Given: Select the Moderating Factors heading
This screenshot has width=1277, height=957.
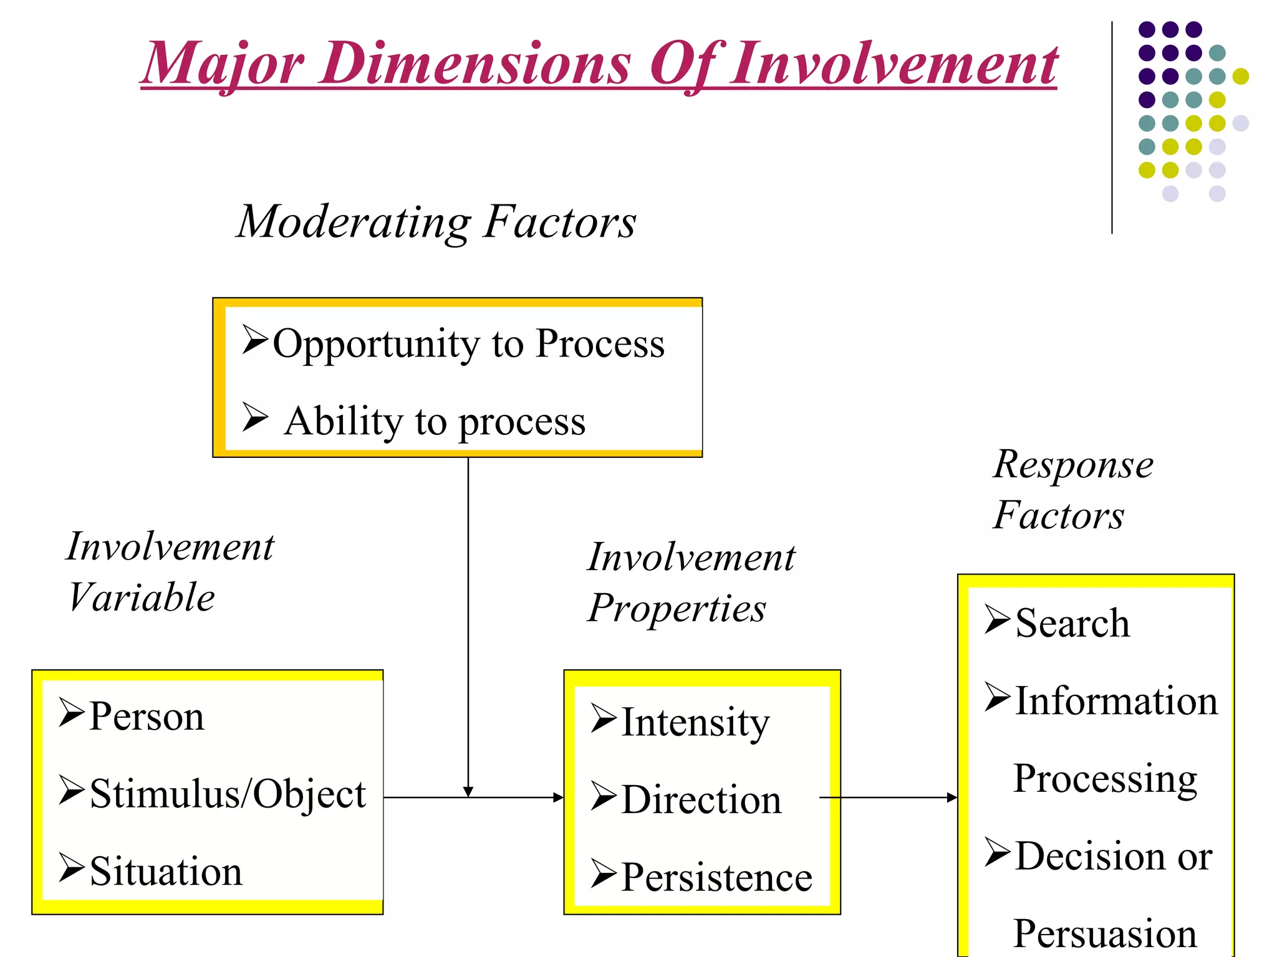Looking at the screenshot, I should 436,222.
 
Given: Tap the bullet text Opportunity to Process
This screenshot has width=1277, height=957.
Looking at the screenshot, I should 468,343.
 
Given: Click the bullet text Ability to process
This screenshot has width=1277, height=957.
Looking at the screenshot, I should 435,422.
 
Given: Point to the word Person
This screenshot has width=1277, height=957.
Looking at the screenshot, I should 147,717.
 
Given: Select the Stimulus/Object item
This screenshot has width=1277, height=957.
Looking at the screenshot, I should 228,794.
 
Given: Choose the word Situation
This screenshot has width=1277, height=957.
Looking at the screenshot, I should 166,872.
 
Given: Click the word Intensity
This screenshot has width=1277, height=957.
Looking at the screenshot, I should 695,723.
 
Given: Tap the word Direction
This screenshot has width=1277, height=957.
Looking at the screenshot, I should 701,800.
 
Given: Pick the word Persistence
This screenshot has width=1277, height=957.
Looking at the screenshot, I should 716,878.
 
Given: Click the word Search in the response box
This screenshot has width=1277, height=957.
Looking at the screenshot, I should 1072,623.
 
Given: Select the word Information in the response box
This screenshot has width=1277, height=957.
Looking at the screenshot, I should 1116,701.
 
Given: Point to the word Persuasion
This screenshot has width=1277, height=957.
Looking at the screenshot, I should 1105,933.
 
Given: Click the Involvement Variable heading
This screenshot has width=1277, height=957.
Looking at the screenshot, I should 170,572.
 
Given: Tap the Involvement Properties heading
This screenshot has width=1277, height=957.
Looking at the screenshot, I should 691,583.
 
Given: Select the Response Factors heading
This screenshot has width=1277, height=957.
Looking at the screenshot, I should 1072,490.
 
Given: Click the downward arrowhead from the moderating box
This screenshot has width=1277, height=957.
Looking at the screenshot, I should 468,791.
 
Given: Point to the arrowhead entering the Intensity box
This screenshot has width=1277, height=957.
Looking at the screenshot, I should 558,797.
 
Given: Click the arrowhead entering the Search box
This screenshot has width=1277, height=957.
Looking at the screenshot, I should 952,797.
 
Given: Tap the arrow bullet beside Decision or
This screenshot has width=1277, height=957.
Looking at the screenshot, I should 997,853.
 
